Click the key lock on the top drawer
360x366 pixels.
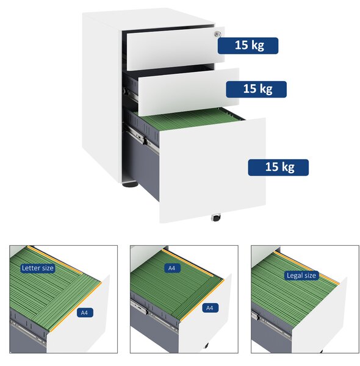click(218, 34)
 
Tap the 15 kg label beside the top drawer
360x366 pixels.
click(248, 46)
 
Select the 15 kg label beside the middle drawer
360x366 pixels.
click(256, 89)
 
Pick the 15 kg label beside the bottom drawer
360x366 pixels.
click(278, 167)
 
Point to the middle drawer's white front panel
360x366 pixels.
click(189, 91)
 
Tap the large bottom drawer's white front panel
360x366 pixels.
click(212, 170)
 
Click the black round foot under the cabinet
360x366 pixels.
click(130, 184)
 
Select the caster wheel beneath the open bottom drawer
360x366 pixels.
click(215, 218)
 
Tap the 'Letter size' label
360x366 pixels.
click(38, 268)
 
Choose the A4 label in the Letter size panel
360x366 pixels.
click(85, 313)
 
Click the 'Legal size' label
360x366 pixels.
click(301, 276)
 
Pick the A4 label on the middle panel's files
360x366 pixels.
click(172, 268)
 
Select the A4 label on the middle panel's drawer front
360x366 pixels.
click(210, 308)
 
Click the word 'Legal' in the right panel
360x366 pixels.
click(293, 276)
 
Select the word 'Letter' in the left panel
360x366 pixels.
click(30, 268)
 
